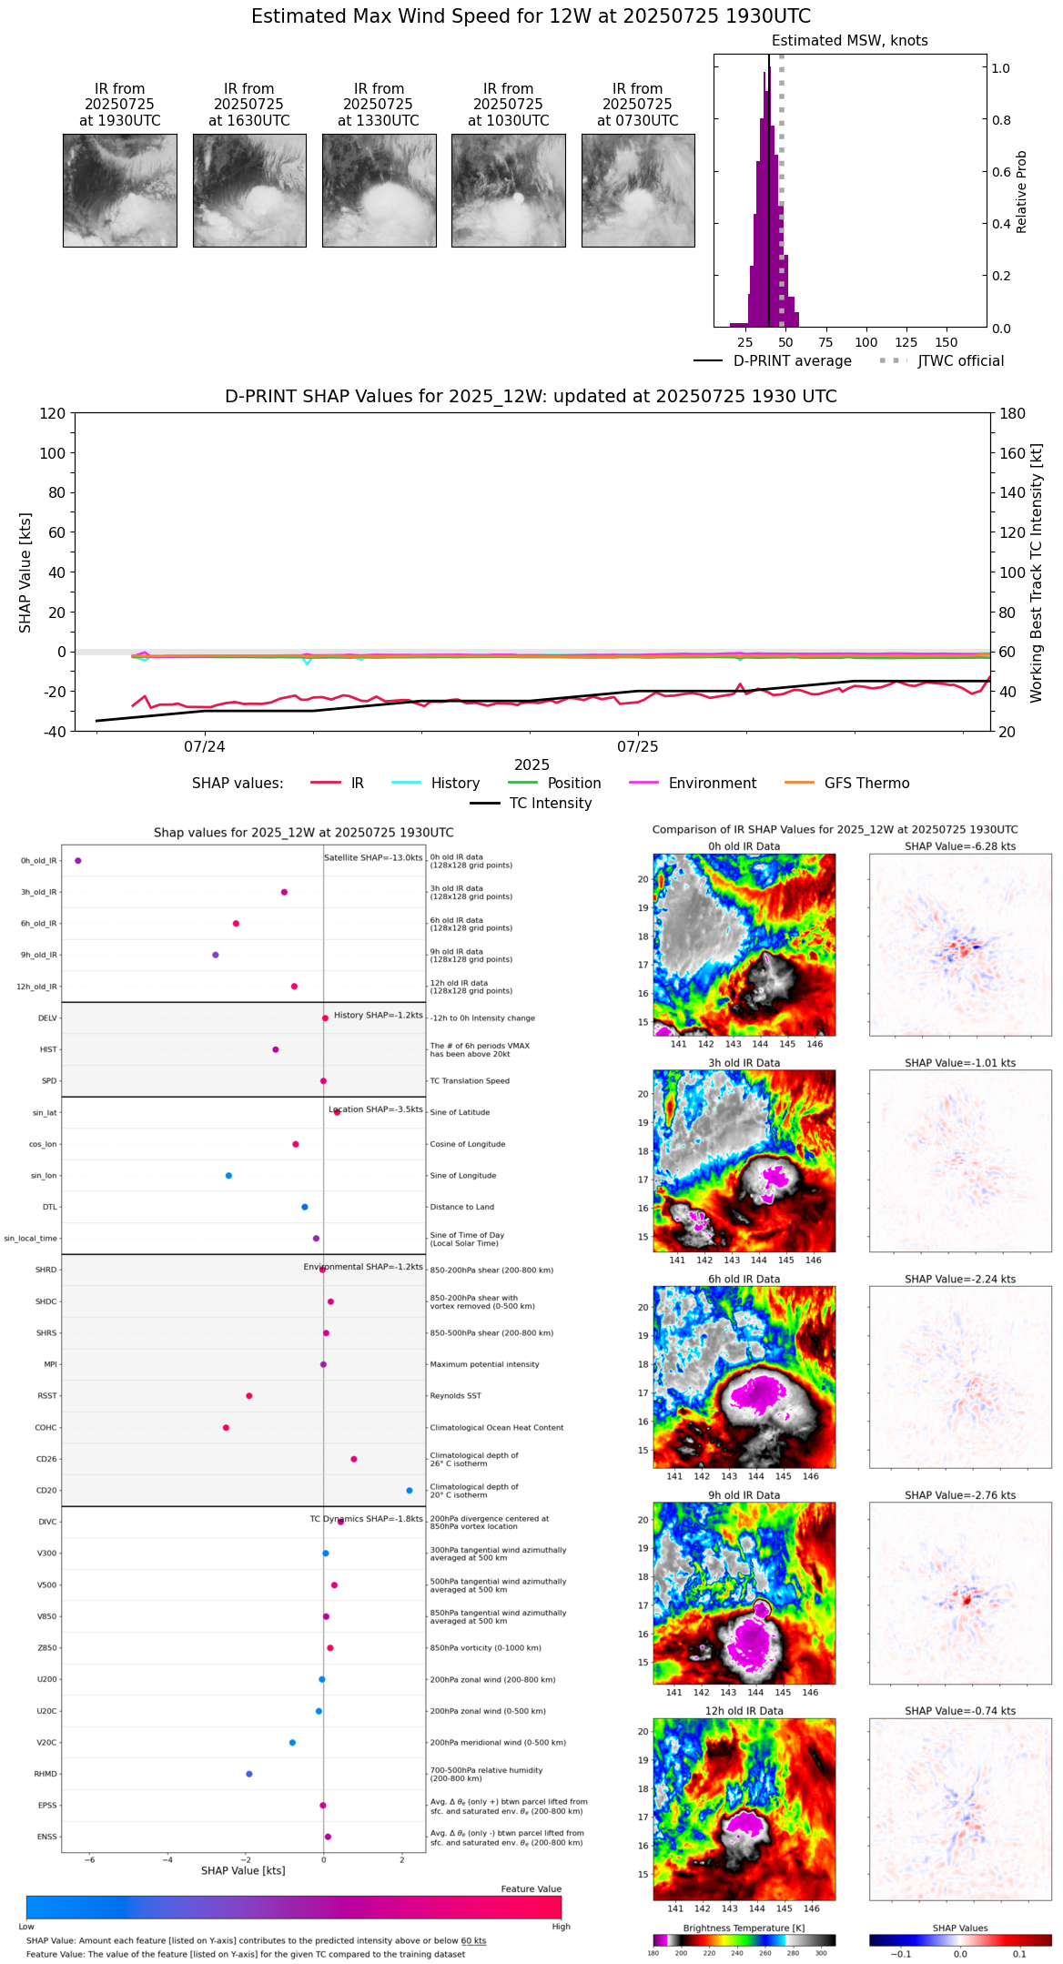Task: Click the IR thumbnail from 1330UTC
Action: (379, 190)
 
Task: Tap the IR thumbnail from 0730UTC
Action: (638, 190)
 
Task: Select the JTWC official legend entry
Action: (942, 361)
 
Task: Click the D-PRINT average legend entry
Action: (773, 361)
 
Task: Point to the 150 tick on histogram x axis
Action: (947, 342)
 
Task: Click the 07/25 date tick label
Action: (637, 747)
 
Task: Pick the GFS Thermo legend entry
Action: (846, 784)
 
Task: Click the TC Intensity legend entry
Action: (531, 804)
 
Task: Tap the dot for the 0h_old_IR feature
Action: (78, 860)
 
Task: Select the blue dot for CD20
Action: (410, 1491)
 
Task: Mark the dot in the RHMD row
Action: (249, 1774)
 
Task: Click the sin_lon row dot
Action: (228, 1176)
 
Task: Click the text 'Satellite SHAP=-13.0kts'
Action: (373, 857)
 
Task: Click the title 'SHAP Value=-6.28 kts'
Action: (960, 846)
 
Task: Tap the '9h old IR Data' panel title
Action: (744, 1495)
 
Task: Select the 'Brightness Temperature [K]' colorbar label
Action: (744, 1928)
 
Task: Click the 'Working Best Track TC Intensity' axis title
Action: (1037, 573)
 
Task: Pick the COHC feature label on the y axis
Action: (46, 1428)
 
